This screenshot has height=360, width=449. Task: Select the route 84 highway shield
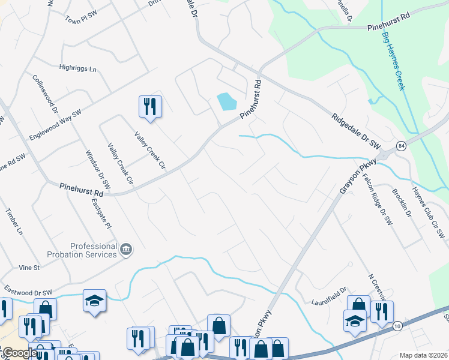[x=400, y=146]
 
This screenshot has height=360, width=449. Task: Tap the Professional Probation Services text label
[x=93, y=250]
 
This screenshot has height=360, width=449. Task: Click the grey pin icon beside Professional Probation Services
[x=126, y=249]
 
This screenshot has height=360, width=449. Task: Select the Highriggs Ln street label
[x=77, y=69]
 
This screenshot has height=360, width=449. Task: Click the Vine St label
[x=29, y=267]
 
